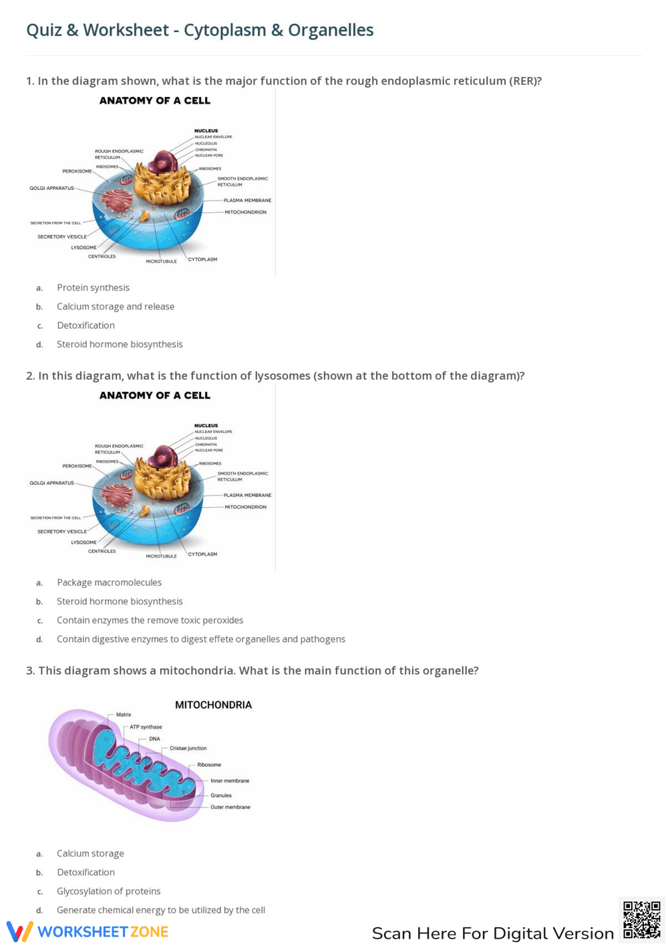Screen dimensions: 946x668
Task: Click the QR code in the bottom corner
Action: pyautogui.click(x=641, y=920)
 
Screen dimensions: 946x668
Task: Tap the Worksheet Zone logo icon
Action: pyautogui.click(x=19, y=931)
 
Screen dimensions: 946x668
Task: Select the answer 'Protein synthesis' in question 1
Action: pyautogui.click(x=93, y=287)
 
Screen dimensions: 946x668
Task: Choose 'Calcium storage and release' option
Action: pyautogui.click(x=116, y=306)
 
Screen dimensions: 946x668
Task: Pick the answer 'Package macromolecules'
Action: pyautogui.click(x=109, y=582)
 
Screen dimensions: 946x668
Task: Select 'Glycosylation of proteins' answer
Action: pyautogui.click(x=108, y=891)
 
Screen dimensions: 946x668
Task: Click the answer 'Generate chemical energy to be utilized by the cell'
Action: pyautogui.click(x=161, y=910)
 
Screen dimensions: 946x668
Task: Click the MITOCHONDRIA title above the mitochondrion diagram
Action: pyautogui.click(x=213, y=705)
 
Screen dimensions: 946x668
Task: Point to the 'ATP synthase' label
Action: pyautogui.click(x=146, y=727)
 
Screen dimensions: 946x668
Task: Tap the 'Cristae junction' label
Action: pyautogui.click(x=188, y=748)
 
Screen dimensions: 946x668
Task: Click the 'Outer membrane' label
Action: pyautogui.click(x=230, y=807)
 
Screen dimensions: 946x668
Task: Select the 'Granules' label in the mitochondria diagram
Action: pyautogui.click(x=221, y=796)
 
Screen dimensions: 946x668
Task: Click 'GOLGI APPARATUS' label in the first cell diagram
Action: pyautogui.click(x=51, y=188)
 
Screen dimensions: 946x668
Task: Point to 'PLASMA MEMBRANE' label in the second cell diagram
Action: pyautogui.click(x=247, y=495)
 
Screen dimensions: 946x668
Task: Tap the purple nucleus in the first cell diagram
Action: pyautogui.click(x=162, y=162)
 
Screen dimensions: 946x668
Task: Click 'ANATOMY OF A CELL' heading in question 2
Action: pyautogui.click(x=155, y=395)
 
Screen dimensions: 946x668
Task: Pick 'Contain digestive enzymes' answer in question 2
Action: pyautogui.click(x=200, y=639)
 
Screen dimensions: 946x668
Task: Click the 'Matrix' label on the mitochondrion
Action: pyautogui.click(x=124, y=715)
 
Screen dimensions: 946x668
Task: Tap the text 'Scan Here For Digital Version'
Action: pyautogui.click(x=492, y=933)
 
